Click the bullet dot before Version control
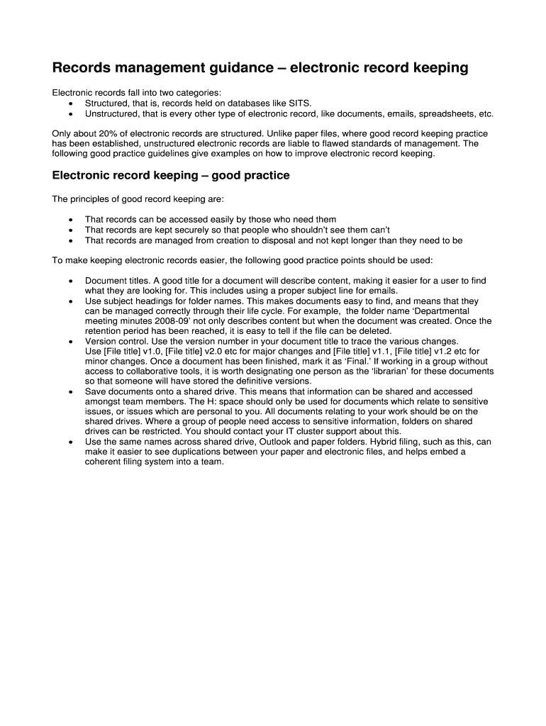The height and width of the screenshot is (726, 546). point(70,342)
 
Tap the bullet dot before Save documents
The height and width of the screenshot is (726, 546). point(70,391)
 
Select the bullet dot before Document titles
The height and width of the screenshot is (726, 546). point(70,281)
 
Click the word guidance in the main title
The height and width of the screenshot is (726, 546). point(233,68)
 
